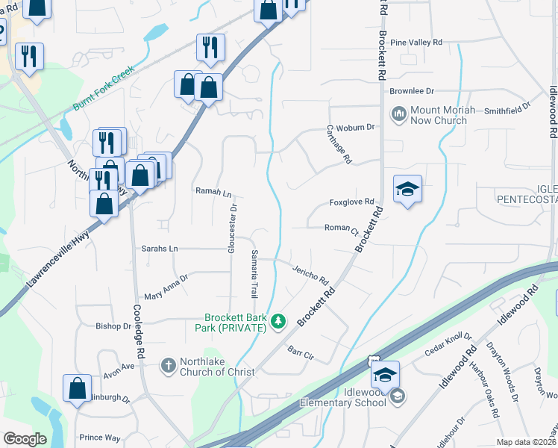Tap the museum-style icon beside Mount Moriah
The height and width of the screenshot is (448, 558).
(398, 114)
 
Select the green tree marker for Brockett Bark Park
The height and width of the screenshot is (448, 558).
(278, 321)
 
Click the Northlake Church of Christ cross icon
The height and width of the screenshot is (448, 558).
(168, 365)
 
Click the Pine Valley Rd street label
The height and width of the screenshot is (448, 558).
(416, 43)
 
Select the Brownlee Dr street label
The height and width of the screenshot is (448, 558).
(411, 91)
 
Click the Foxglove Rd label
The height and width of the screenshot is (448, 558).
(351, 203)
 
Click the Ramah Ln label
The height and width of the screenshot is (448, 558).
(213, 192)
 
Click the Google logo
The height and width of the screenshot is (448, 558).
(25, 439)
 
